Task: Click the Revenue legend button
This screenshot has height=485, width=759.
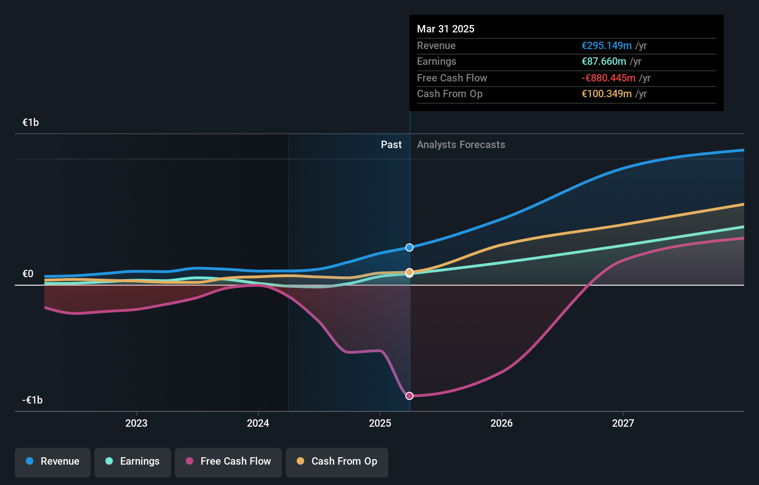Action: pos(53,461)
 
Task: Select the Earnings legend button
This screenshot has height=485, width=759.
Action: pos(133,461)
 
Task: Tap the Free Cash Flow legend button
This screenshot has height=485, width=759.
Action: pos(228,461)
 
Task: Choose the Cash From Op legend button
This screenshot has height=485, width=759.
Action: pos(337,461)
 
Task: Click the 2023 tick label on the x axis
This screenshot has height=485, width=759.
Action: pos(136,423)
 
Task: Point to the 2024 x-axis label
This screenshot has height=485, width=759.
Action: pos(258,423)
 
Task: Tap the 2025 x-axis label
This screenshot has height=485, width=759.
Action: pos(380,423)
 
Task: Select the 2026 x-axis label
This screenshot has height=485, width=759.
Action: pos(502,423)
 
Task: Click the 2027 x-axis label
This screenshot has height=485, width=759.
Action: pos(623,423)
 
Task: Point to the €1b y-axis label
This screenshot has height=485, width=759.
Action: pos(31,123)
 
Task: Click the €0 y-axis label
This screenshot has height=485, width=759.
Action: pos(28,274)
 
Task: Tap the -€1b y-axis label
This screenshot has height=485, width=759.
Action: pos(32,400)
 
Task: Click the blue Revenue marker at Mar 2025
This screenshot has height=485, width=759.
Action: pos(410,248)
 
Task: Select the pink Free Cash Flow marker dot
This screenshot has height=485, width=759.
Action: pos(410,396)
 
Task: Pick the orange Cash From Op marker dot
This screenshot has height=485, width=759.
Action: pos(410,272)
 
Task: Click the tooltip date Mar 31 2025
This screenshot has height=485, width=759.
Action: pos(446,29)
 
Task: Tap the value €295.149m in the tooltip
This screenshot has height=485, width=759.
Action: pos(606,45)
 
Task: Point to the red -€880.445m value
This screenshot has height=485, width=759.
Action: pos(608,78)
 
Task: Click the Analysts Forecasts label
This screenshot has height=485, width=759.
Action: pos(461,145)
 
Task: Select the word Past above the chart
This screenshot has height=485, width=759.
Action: pos(391,145)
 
